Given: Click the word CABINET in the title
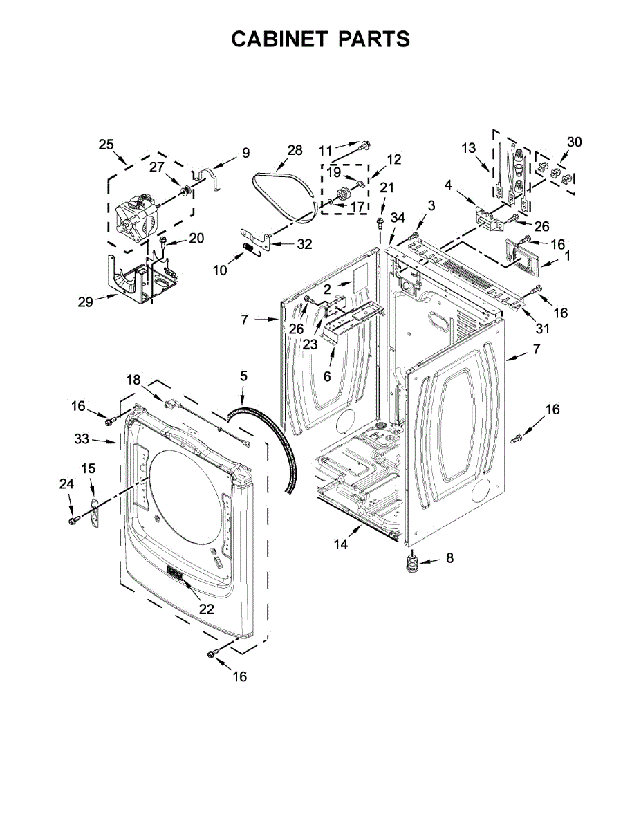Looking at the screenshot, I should click(279, 39).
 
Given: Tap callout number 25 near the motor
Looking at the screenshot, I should click(106, 145).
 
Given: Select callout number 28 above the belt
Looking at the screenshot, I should click(295, 149).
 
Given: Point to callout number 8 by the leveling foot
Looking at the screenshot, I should click(449, 557).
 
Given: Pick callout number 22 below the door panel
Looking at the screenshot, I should click(206, 609).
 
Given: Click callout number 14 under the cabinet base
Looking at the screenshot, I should click(341, 544).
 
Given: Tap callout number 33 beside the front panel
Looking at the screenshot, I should click(82, 439).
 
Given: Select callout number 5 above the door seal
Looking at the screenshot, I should click(243, 376).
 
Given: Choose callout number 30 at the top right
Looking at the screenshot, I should click(575, 142).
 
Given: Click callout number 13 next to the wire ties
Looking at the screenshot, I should click(469, 147).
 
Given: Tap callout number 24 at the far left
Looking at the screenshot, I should click(66, 484).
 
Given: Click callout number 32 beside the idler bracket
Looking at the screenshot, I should click(304, 244).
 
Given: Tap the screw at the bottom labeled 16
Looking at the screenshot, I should click(212, 654).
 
